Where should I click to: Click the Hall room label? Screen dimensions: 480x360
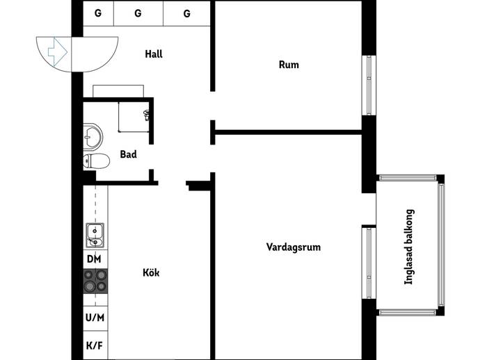point(154,54)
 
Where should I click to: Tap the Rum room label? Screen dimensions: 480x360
point(289,65)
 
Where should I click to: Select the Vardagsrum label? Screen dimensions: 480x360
point(294,247)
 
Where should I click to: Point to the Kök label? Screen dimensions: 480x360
point(151,272)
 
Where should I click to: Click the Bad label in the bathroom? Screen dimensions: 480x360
point(128,154)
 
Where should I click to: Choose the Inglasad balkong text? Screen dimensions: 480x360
point(409,247)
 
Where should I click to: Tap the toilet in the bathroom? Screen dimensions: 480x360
point(97,161)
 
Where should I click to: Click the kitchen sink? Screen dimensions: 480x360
point(95,235)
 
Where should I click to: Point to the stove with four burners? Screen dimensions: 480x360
point(95,281)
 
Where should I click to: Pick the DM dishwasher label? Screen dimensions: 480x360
point(94,259)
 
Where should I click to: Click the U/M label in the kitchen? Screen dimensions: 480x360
point(95,318)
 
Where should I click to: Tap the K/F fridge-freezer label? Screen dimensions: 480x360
point(95,345)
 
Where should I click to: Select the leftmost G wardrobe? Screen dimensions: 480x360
point(98,13)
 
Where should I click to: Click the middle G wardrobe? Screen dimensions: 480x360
point(138,13)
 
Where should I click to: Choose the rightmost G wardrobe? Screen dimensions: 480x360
point(186,13)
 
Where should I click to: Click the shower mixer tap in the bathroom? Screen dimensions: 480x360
point(147,115)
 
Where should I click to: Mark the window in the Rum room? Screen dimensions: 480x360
point(369,85)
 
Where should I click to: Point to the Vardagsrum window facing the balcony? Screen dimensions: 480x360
point(369,263)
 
